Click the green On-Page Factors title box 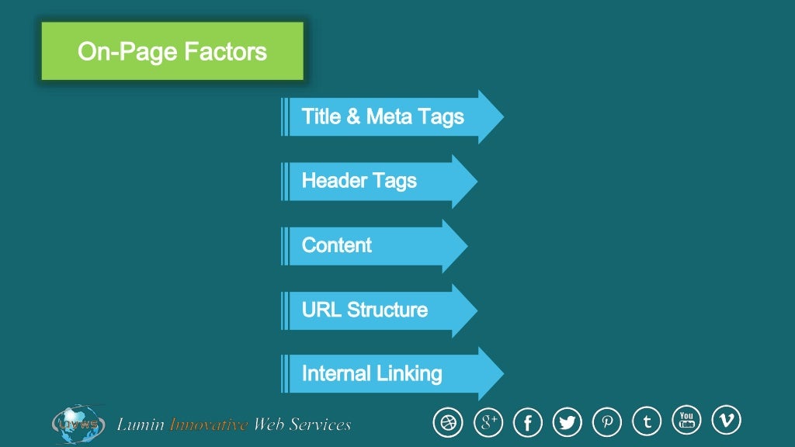click(172, 51)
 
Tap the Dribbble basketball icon click(447, 423)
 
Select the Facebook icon click(528, 423)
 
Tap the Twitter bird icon click(568, 423)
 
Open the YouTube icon click(686, 420)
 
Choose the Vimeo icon click(727, 420)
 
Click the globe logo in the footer click(78, 424)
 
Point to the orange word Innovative click(209, 424)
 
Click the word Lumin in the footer click(141, 424)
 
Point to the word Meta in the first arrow click(388, 117)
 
